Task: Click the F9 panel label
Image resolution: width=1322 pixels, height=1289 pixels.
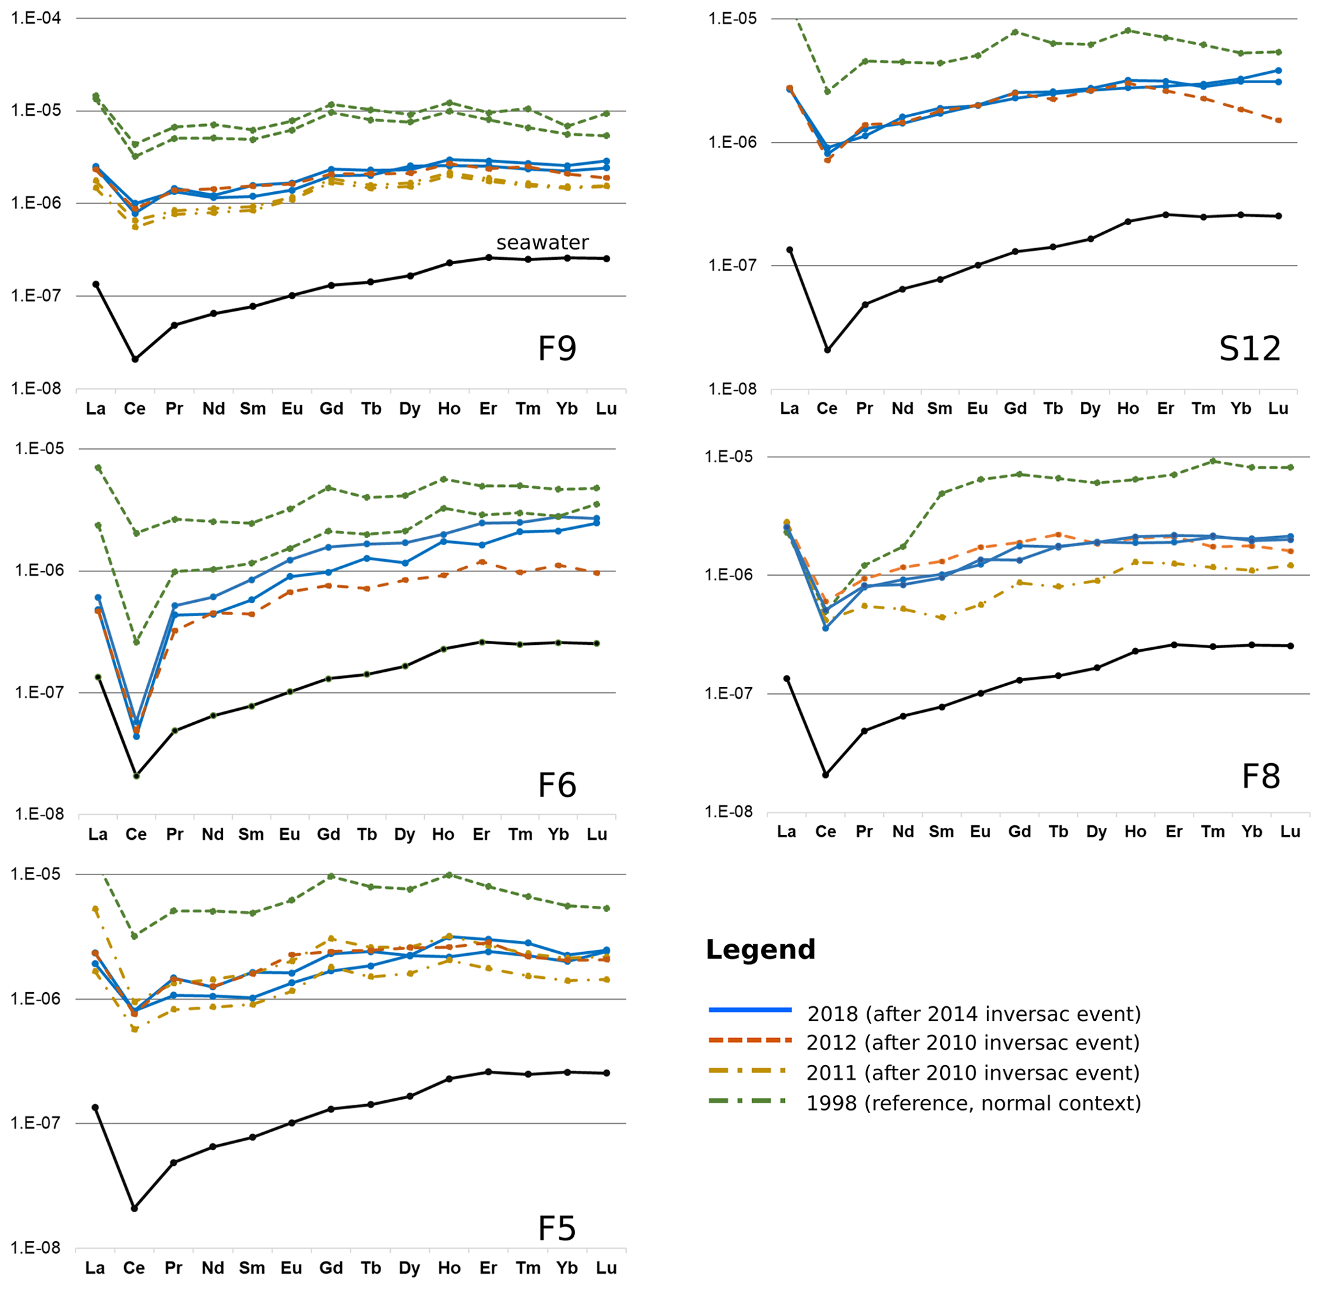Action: pos(556,349)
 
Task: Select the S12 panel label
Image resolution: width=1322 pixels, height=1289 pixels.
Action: pos(1249,349)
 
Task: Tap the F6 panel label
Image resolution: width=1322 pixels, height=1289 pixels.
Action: pos(556,786)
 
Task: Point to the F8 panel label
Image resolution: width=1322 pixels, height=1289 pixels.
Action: pos(1261,776)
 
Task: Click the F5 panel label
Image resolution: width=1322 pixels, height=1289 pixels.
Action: pos(556,1228)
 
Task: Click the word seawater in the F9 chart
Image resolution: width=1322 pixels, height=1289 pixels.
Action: pos(542,242)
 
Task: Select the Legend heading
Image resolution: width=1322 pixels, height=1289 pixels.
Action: pos(760,949)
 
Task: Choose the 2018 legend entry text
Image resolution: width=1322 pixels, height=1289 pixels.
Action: pos(974,1013)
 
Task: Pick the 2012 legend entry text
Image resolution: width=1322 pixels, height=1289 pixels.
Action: pos(973,1042)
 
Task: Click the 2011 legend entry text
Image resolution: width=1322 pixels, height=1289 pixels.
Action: pos(973,1072)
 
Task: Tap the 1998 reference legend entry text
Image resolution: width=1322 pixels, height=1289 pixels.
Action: pos(973,1103)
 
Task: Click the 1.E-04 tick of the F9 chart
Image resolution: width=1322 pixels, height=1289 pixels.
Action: pos(36,19)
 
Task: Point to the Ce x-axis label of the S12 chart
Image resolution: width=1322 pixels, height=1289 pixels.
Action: pos(826,408)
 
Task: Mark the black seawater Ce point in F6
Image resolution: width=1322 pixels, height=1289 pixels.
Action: pos(136,776)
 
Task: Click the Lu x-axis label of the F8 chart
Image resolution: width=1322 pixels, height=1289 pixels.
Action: pos(1290,832)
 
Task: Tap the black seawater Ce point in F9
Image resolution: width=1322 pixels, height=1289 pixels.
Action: pos(135,359)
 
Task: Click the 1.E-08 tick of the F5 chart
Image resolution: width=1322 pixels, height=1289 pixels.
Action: pos(35,1247)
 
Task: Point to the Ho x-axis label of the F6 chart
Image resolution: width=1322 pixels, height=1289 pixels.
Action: pos(443,834)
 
